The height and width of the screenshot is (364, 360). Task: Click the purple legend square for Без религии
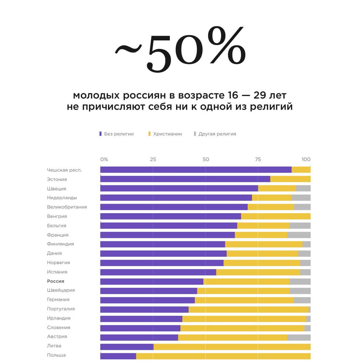point(100,134)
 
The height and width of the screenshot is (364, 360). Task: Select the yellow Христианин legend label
point(167,134)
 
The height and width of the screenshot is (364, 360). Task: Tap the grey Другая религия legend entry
point(217,134)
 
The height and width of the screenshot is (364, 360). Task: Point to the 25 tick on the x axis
point(153,159)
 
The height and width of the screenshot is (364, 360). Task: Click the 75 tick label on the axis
point(258,159)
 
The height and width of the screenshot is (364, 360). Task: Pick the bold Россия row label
point(56,281)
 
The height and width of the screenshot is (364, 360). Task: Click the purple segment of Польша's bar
point(118,356)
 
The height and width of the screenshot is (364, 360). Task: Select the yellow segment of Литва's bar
point(232,347)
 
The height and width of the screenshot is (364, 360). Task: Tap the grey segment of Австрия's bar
point(299,337)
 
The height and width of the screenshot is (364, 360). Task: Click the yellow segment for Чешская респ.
point(301,170)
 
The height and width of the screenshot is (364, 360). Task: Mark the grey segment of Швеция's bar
point(303,188)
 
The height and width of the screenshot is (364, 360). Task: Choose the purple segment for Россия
point(152,281)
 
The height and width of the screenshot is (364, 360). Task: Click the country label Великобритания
point(67,207)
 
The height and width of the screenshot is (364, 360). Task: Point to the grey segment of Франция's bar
point(299,235)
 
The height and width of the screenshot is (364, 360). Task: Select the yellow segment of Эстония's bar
point(290,179)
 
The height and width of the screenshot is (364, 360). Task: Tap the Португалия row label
point(61,309)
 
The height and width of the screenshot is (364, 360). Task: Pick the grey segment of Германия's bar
point(302,300)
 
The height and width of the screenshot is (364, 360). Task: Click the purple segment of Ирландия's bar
point(141,319)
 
